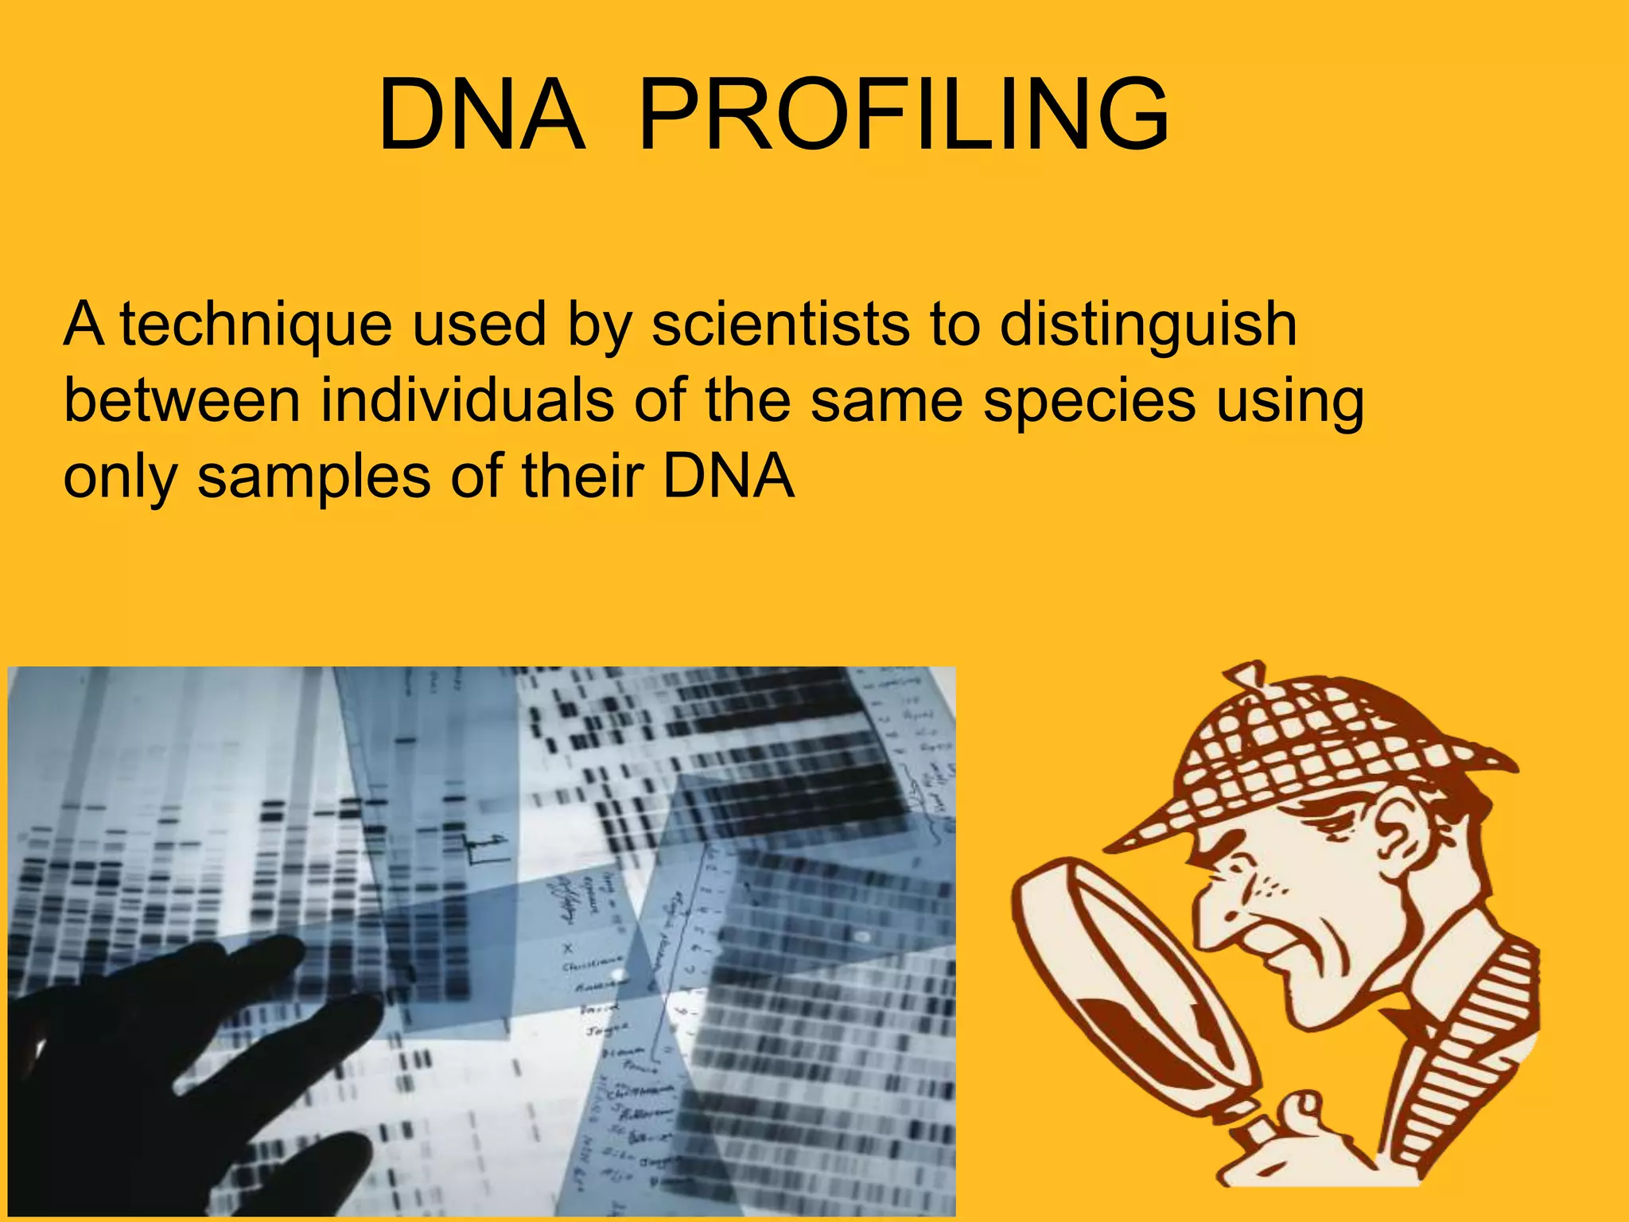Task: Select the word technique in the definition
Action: pyautogui.click(x=256, y=325)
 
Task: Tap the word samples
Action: pyautogui.click(x=314, y=477)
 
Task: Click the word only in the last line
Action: pyautogui.click(x=119, y=477)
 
